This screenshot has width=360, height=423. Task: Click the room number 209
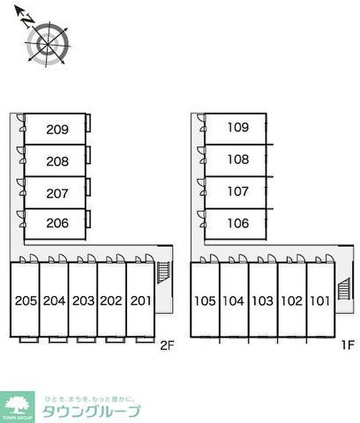[x=57, y=129]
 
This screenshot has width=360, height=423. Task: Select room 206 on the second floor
[x=57, y=224]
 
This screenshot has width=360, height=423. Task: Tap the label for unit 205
[x=26, y=300]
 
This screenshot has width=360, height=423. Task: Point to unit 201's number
[x=140, y=300]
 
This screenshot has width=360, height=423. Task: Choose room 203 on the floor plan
[x=83, y=300]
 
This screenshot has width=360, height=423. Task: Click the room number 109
[x=238, y=127]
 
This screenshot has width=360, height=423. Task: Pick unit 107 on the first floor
[x=238, y=192]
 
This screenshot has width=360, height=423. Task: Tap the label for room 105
[x=205, y=300]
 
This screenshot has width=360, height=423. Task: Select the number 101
[x=319, y=300]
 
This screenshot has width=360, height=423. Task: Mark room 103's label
[x=262, y=300]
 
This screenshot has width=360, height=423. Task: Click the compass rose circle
[x=48, y=43]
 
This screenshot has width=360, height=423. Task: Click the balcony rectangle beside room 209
[x=89, y=123]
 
